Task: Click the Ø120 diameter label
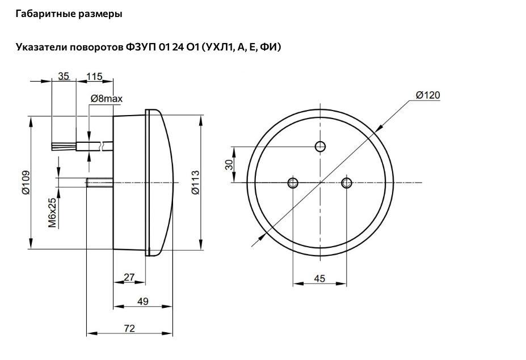[x=427, y=95]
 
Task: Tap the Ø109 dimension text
[x=26, y=183]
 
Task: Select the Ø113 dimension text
[x=195, y=183]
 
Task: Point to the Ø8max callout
[x=106, y=99]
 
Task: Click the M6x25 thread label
[x=53, y=212]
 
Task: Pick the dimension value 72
[x=129, y=328]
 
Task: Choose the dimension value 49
[x=143, y=302]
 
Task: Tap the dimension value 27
[x=129, y=277]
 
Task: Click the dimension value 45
[x=319, y=278]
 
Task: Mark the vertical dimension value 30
[x=229, y=164]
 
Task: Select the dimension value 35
[x=64, y=76]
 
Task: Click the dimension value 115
[x=94, y=77]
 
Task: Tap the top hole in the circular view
[x=321, y=146]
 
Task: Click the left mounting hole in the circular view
[x=293, y=183]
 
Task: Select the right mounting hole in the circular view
[x=347, y=183]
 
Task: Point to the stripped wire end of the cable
[x=64, y=146]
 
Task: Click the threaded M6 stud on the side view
[x=100, y=183]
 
